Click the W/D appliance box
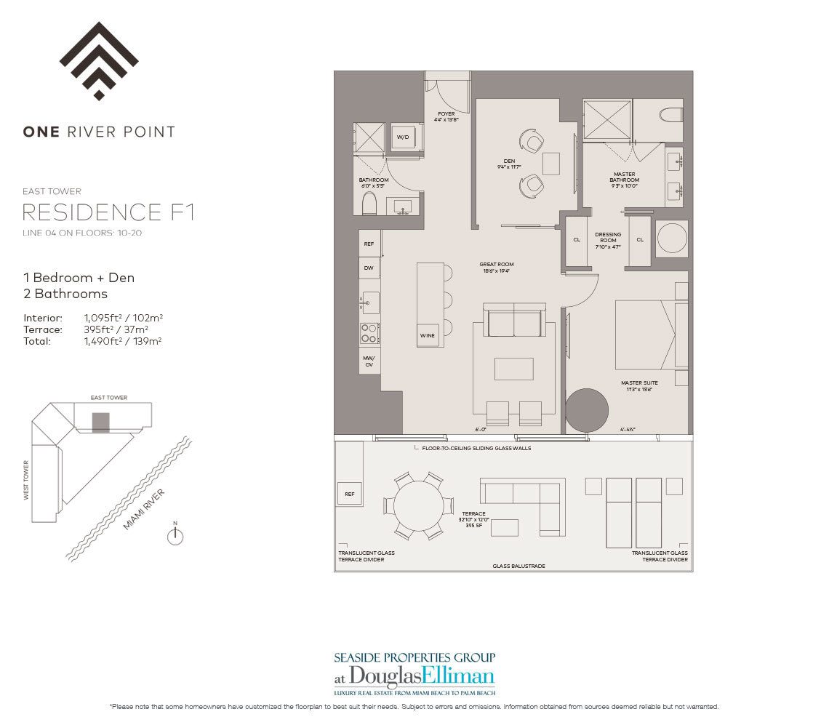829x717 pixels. coord(402,137)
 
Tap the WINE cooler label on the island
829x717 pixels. coord(428,335)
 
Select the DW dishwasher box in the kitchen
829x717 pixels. coord(369,268)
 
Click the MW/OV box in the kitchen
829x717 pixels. coord(369,361)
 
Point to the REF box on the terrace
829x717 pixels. coord(349,494)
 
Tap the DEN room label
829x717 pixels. coord(509,163)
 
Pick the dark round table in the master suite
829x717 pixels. coord(586,411)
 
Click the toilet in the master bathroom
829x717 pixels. coord(670,114)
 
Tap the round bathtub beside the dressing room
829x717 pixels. coord(673,238)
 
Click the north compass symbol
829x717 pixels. coord(175,536)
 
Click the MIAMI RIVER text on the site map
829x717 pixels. coord(143,510)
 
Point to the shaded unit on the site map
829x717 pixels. coord(100,422)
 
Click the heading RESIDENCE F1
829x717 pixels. coord(108,213)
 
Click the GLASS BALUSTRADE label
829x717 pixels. coord(518,566)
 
